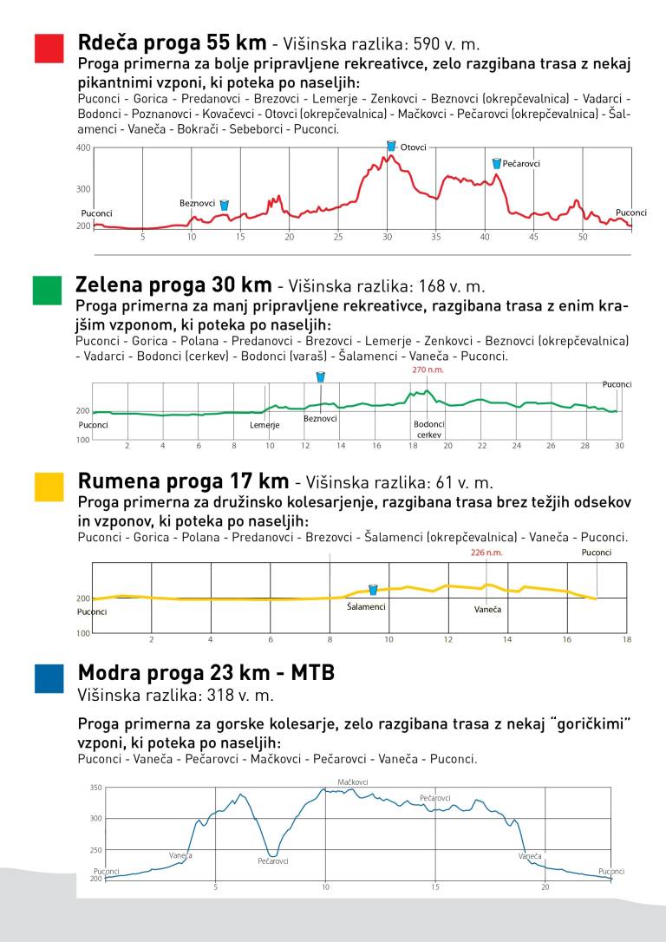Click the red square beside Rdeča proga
coord(49,49)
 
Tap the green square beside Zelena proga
coord(47,291)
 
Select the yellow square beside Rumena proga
coord(49,487)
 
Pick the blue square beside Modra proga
coord(49,678)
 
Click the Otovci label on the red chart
coord(414,147)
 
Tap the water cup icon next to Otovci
coord(391,146)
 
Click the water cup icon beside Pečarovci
coord(496,163)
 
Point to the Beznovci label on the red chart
coord(197,203)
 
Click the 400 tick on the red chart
coord(83,148)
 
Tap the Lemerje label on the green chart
coord(264,425)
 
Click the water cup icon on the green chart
coord(320,377)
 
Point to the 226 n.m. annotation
coord(486,553)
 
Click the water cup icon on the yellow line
coord(373,590)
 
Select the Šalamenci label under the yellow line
coord(366,607)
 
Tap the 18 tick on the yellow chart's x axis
coord(626,639)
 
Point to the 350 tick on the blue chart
coord(96,788)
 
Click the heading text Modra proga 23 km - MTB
coord(206,673)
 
